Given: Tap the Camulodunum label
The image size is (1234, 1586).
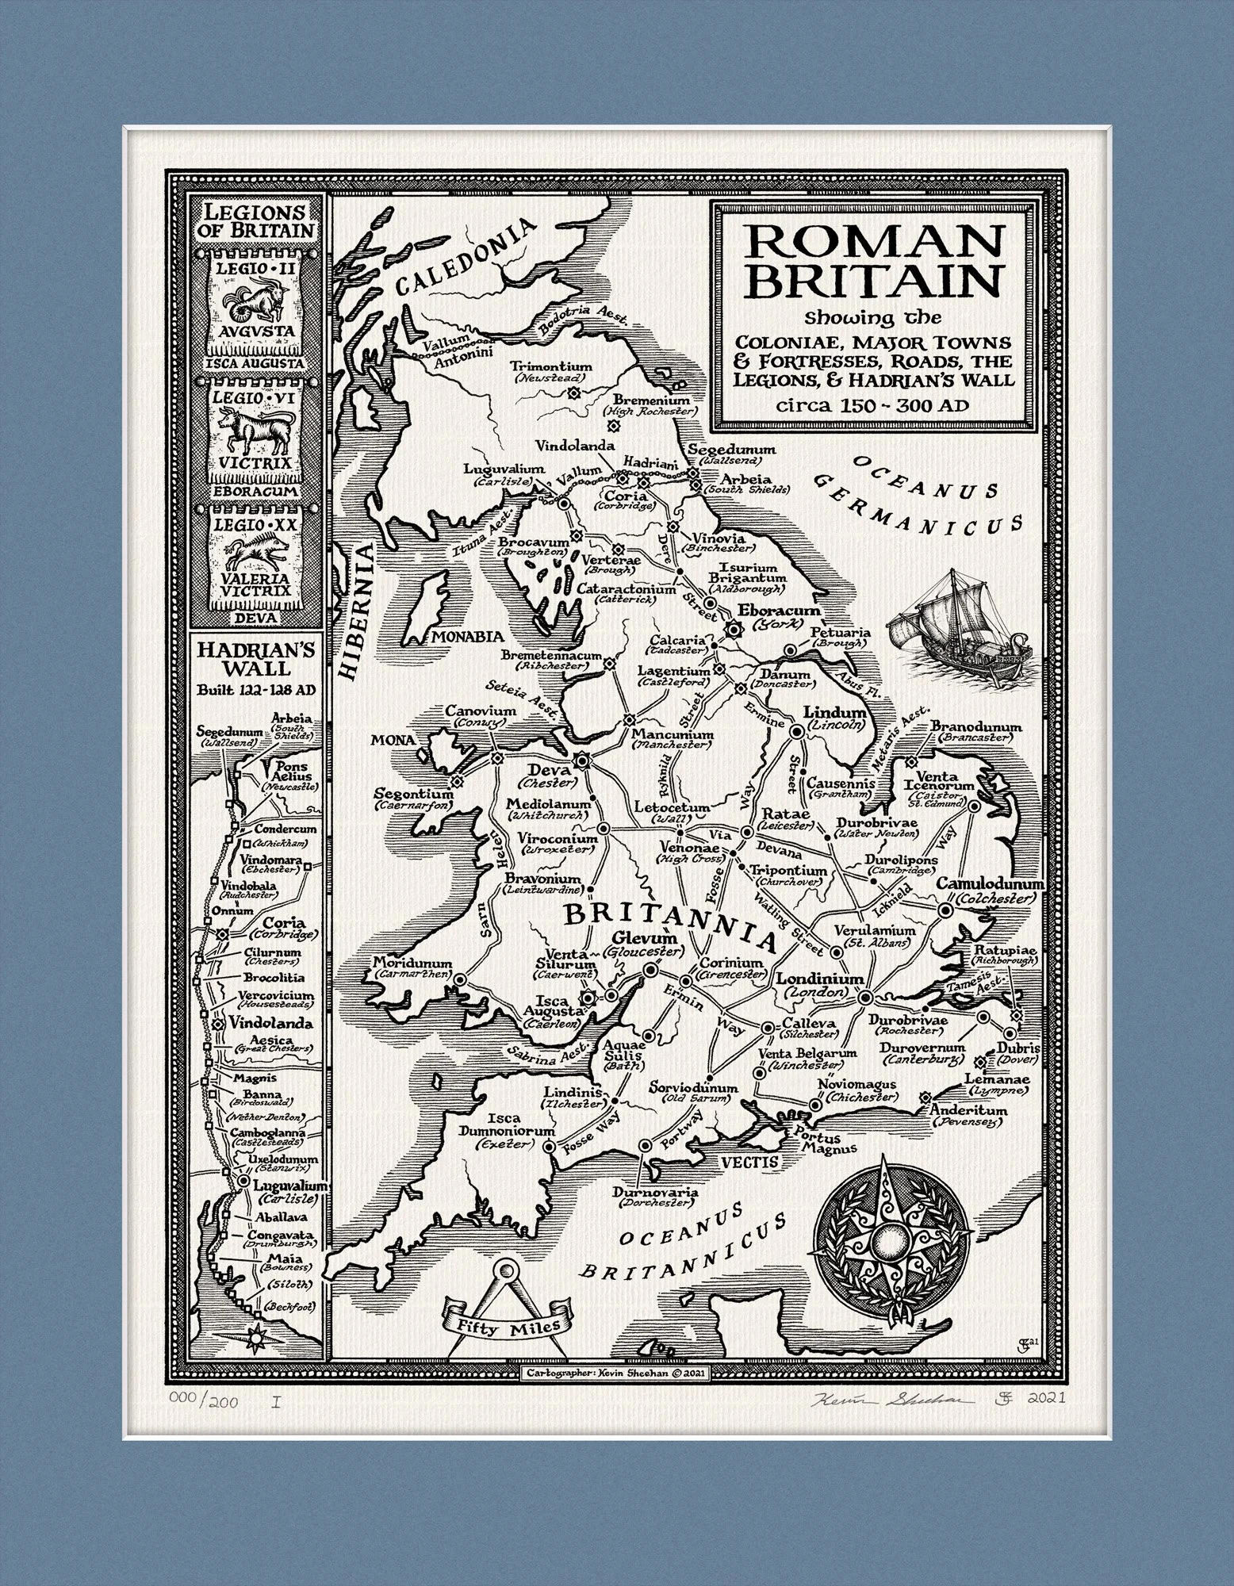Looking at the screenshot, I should pos(991,884).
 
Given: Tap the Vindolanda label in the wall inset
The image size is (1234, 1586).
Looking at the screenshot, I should pos(261,1024).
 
